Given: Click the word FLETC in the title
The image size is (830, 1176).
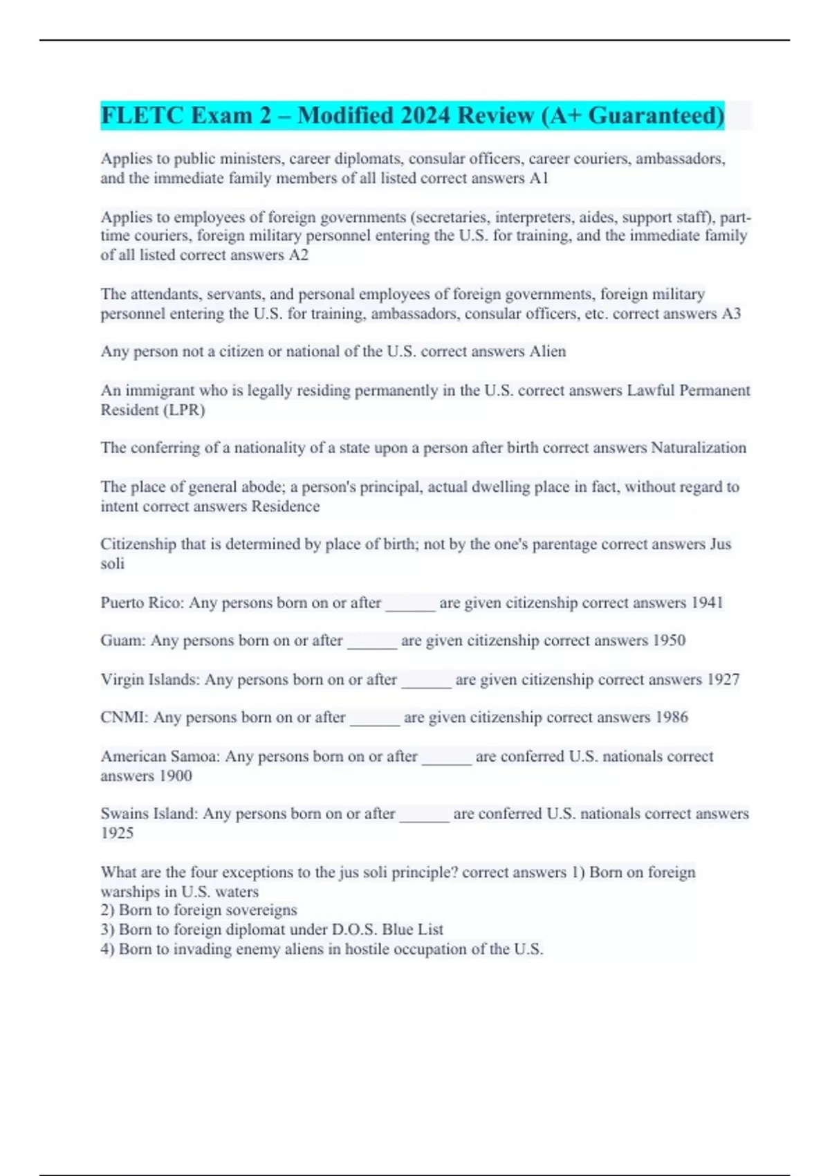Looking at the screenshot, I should (142, 115).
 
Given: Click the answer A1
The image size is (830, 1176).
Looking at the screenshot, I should (539, 178).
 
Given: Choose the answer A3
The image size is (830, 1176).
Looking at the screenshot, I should (731, 314).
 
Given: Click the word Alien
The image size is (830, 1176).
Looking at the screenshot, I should (548, 351).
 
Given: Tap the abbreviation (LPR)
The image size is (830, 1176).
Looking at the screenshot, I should (184, 410).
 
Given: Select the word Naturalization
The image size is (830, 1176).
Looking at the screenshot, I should (699, 448).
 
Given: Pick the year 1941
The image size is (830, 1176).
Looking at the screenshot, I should (707, 603).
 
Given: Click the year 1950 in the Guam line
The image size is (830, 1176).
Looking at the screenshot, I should (669, 641).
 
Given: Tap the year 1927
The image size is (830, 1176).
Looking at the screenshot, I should (723, 679).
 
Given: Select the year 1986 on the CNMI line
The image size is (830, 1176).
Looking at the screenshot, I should (672, 717).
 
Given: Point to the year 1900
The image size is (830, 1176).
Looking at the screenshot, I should (175, 776).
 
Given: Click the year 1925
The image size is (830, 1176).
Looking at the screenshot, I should (117, 834).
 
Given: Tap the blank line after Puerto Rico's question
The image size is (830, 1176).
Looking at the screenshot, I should (410, 605).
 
